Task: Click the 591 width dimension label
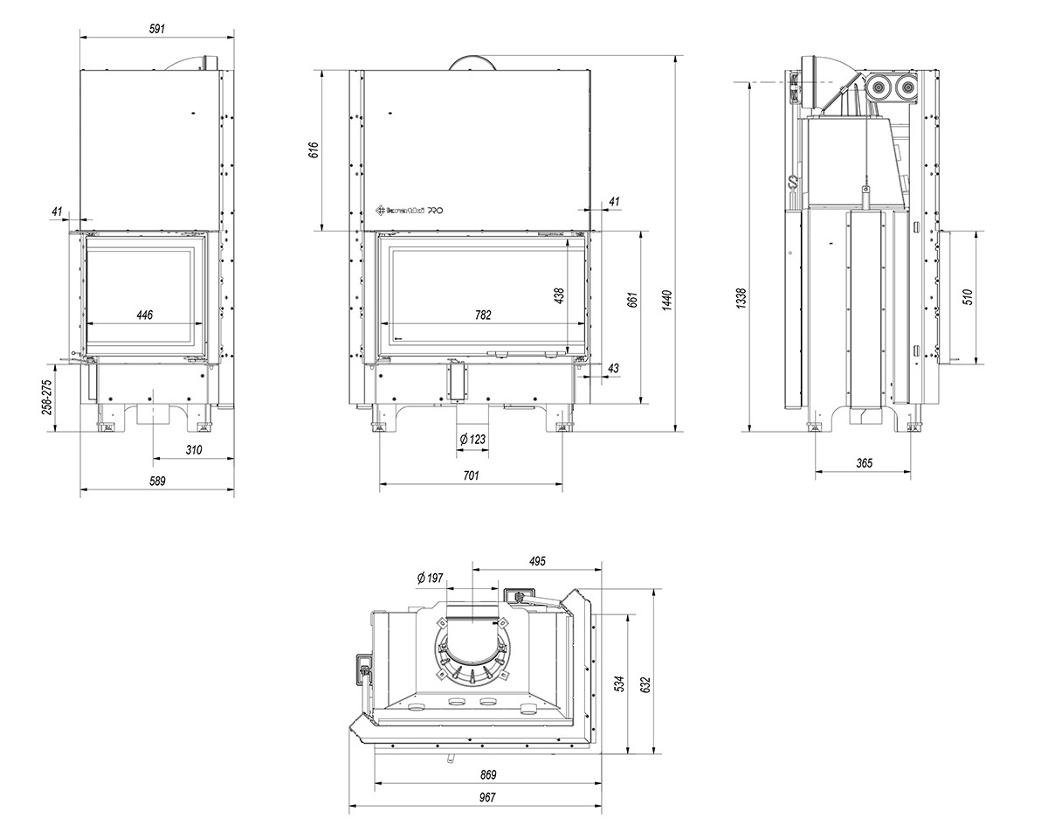156,28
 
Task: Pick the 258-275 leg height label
47,397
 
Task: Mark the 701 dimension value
471,476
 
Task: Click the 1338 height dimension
741,301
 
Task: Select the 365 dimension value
864,463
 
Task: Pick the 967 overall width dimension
486,797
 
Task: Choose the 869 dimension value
487,774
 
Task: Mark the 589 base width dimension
156,481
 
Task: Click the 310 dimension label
194,450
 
